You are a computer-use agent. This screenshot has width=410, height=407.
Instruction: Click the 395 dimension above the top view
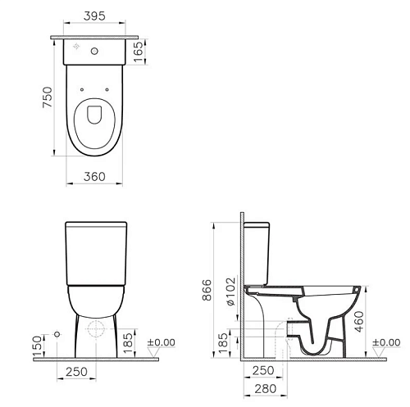(94, 16)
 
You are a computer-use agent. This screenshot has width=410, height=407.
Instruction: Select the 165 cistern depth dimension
(139, 52)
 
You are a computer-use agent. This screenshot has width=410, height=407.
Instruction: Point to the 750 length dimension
(48, 97)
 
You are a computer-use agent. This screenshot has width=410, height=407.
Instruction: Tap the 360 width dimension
(94, 177)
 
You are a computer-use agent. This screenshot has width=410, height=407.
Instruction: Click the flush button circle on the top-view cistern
(94, 51)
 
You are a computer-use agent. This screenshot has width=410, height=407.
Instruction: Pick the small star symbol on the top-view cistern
(76, 47)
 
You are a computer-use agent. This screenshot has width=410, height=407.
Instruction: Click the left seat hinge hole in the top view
(81, 89)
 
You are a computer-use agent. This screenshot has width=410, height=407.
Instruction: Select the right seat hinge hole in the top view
(107, 89)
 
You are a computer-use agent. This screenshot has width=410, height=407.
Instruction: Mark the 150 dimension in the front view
(38, 346)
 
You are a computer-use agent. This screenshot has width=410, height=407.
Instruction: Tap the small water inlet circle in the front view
(57, 334)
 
